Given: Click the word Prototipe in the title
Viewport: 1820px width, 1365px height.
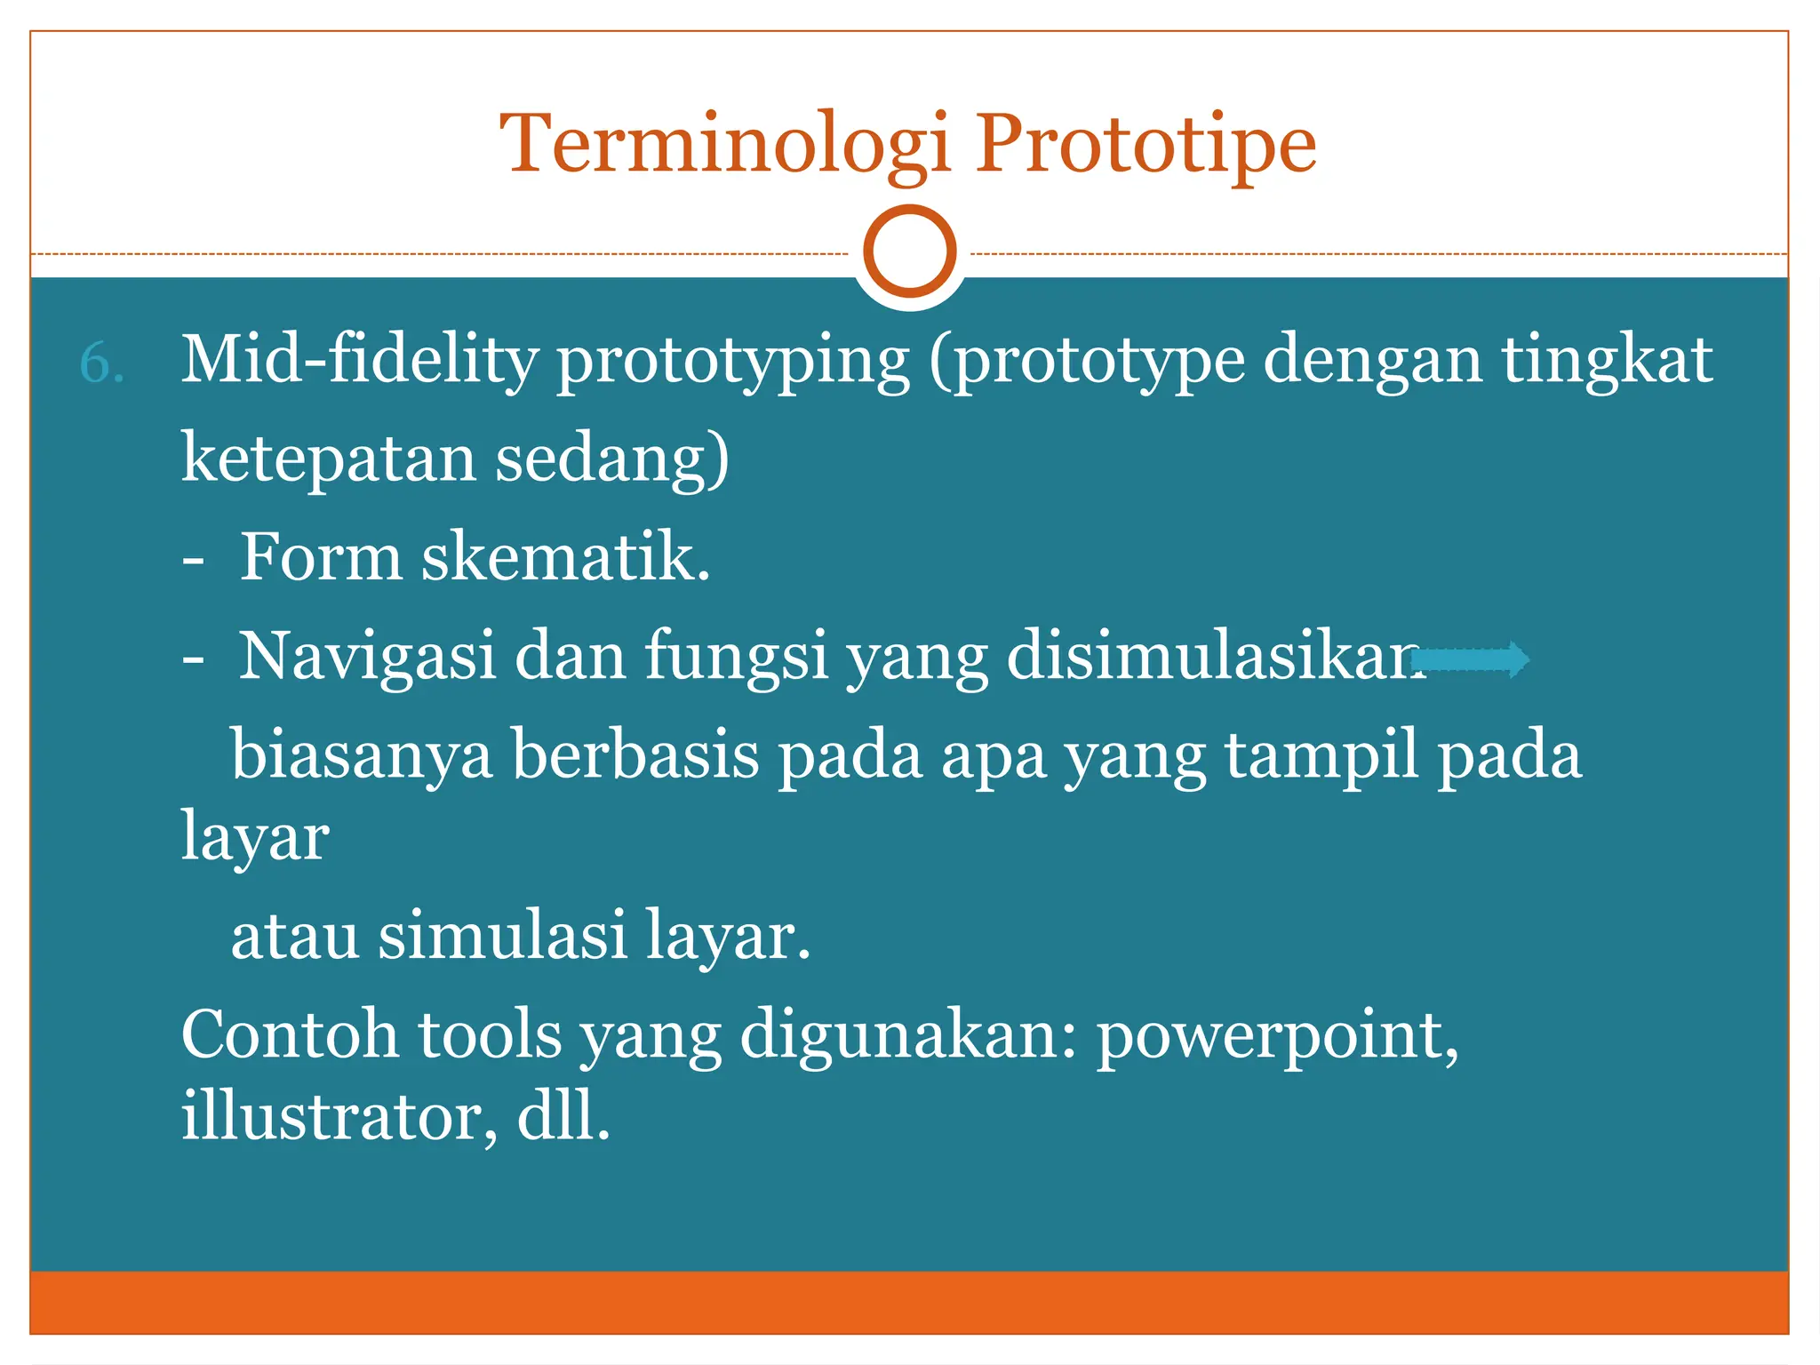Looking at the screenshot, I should point(1146,144).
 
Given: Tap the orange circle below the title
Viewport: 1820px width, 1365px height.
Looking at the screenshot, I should point(909,251).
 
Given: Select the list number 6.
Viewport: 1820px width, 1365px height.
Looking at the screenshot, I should point(101,363).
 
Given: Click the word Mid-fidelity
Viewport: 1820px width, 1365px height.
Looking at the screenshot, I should point(360,360).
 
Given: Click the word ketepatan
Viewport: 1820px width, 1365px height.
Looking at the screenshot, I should point(328,459).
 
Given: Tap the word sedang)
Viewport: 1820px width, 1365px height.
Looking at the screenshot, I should point(612,459).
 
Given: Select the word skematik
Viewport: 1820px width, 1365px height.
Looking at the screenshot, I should point(565,558).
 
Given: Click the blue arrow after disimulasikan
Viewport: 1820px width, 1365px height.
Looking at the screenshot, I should point(1471,659).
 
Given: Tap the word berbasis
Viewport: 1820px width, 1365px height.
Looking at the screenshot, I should point(635,754).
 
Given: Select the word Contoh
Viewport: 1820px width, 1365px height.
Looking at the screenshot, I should point(290,1034).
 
